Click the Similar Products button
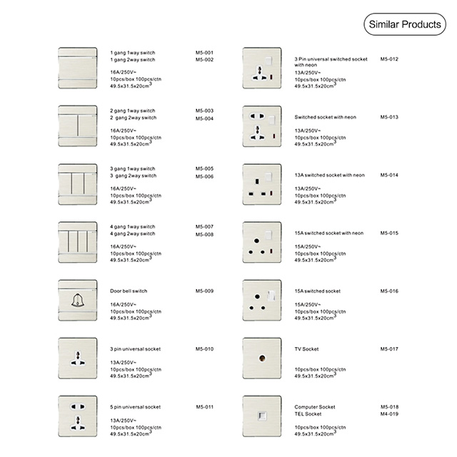[x=404, y=25]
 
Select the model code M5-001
[x=204, y=53]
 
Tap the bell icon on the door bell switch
[x=77, y=299]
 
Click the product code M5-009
[x=204, y=291]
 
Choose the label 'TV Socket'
[x=306, y=349]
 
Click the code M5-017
[x=389, y=349]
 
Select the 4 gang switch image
[x=77, y=241]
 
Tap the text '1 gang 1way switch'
[x=132, y=53]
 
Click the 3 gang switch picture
[x=77, y=184]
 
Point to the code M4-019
[x=389, y=414]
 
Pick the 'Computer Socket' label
[x=315, y=407]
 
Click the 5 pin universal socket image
[x=77, y=415]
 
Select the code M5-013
[x=389, y=116]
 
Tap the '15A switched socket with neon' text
[x=329, y=233]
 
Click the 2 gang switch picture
[x=77, y=126]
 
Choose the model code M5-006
[x=204, y=176]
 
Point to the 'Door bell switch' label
[x=129, y=291]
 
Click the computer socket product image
[x=262, y=415]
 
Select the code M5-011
[x=204, y=407]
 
